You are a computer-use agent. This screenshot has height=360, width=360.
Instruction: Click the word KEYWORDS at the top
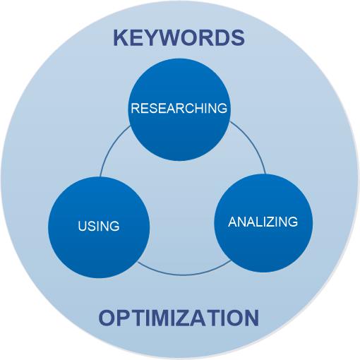(x=179, y=38)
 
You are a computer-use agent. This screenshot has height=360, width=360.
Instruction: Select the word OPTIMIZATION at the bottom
(x=179, y=318)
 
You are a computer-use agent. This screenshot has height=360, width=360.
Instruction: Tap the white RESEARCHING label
(x=179, y=108)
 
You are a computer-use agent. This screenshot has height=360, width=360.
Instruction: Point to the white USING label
(x=99, y=226)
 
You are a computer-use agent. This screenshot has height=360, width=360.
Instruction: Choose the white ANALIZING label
(x=263, y=222)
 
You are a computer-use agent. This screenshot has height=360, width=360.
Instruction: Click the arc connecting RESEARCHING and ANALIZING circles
(x=252, y=143)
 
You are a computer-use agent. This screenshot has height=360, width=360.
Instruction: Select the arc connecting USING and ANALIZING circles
(x=184, y=273)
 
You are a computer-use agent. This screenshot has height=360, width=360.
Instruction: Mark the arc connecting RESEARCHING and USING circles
(x=111, y=146)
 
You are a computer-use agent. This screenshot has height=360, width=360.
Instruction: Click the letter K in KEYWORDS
(x=121, y=38)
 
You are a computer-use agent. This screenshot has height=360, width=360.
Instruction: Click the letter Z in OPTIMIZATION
(x=190, y=318)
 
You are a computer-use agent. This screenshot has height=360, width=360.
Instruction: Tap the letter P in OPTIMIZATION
(x=124, y=318)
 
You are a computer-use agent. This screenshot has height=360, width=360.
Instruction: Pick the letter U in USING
(x=82, y=226)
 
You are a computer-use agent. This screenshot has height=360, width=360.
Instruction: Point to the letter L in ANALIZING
(x=253, y=222)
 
